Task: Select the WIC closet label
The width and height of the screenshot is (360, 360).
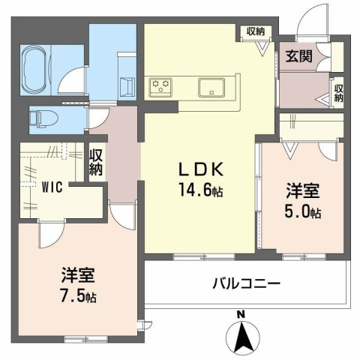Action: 52,186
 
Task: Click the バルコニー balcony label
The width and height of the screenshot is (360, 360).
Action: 245,284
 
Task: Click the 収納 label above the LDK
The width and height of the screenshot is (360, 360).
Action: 255,31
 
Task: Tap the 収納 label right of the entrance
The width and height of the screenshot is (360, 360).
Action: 338,92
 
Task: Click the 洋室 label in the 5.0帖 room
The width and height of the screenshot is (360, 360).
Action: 298,191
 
